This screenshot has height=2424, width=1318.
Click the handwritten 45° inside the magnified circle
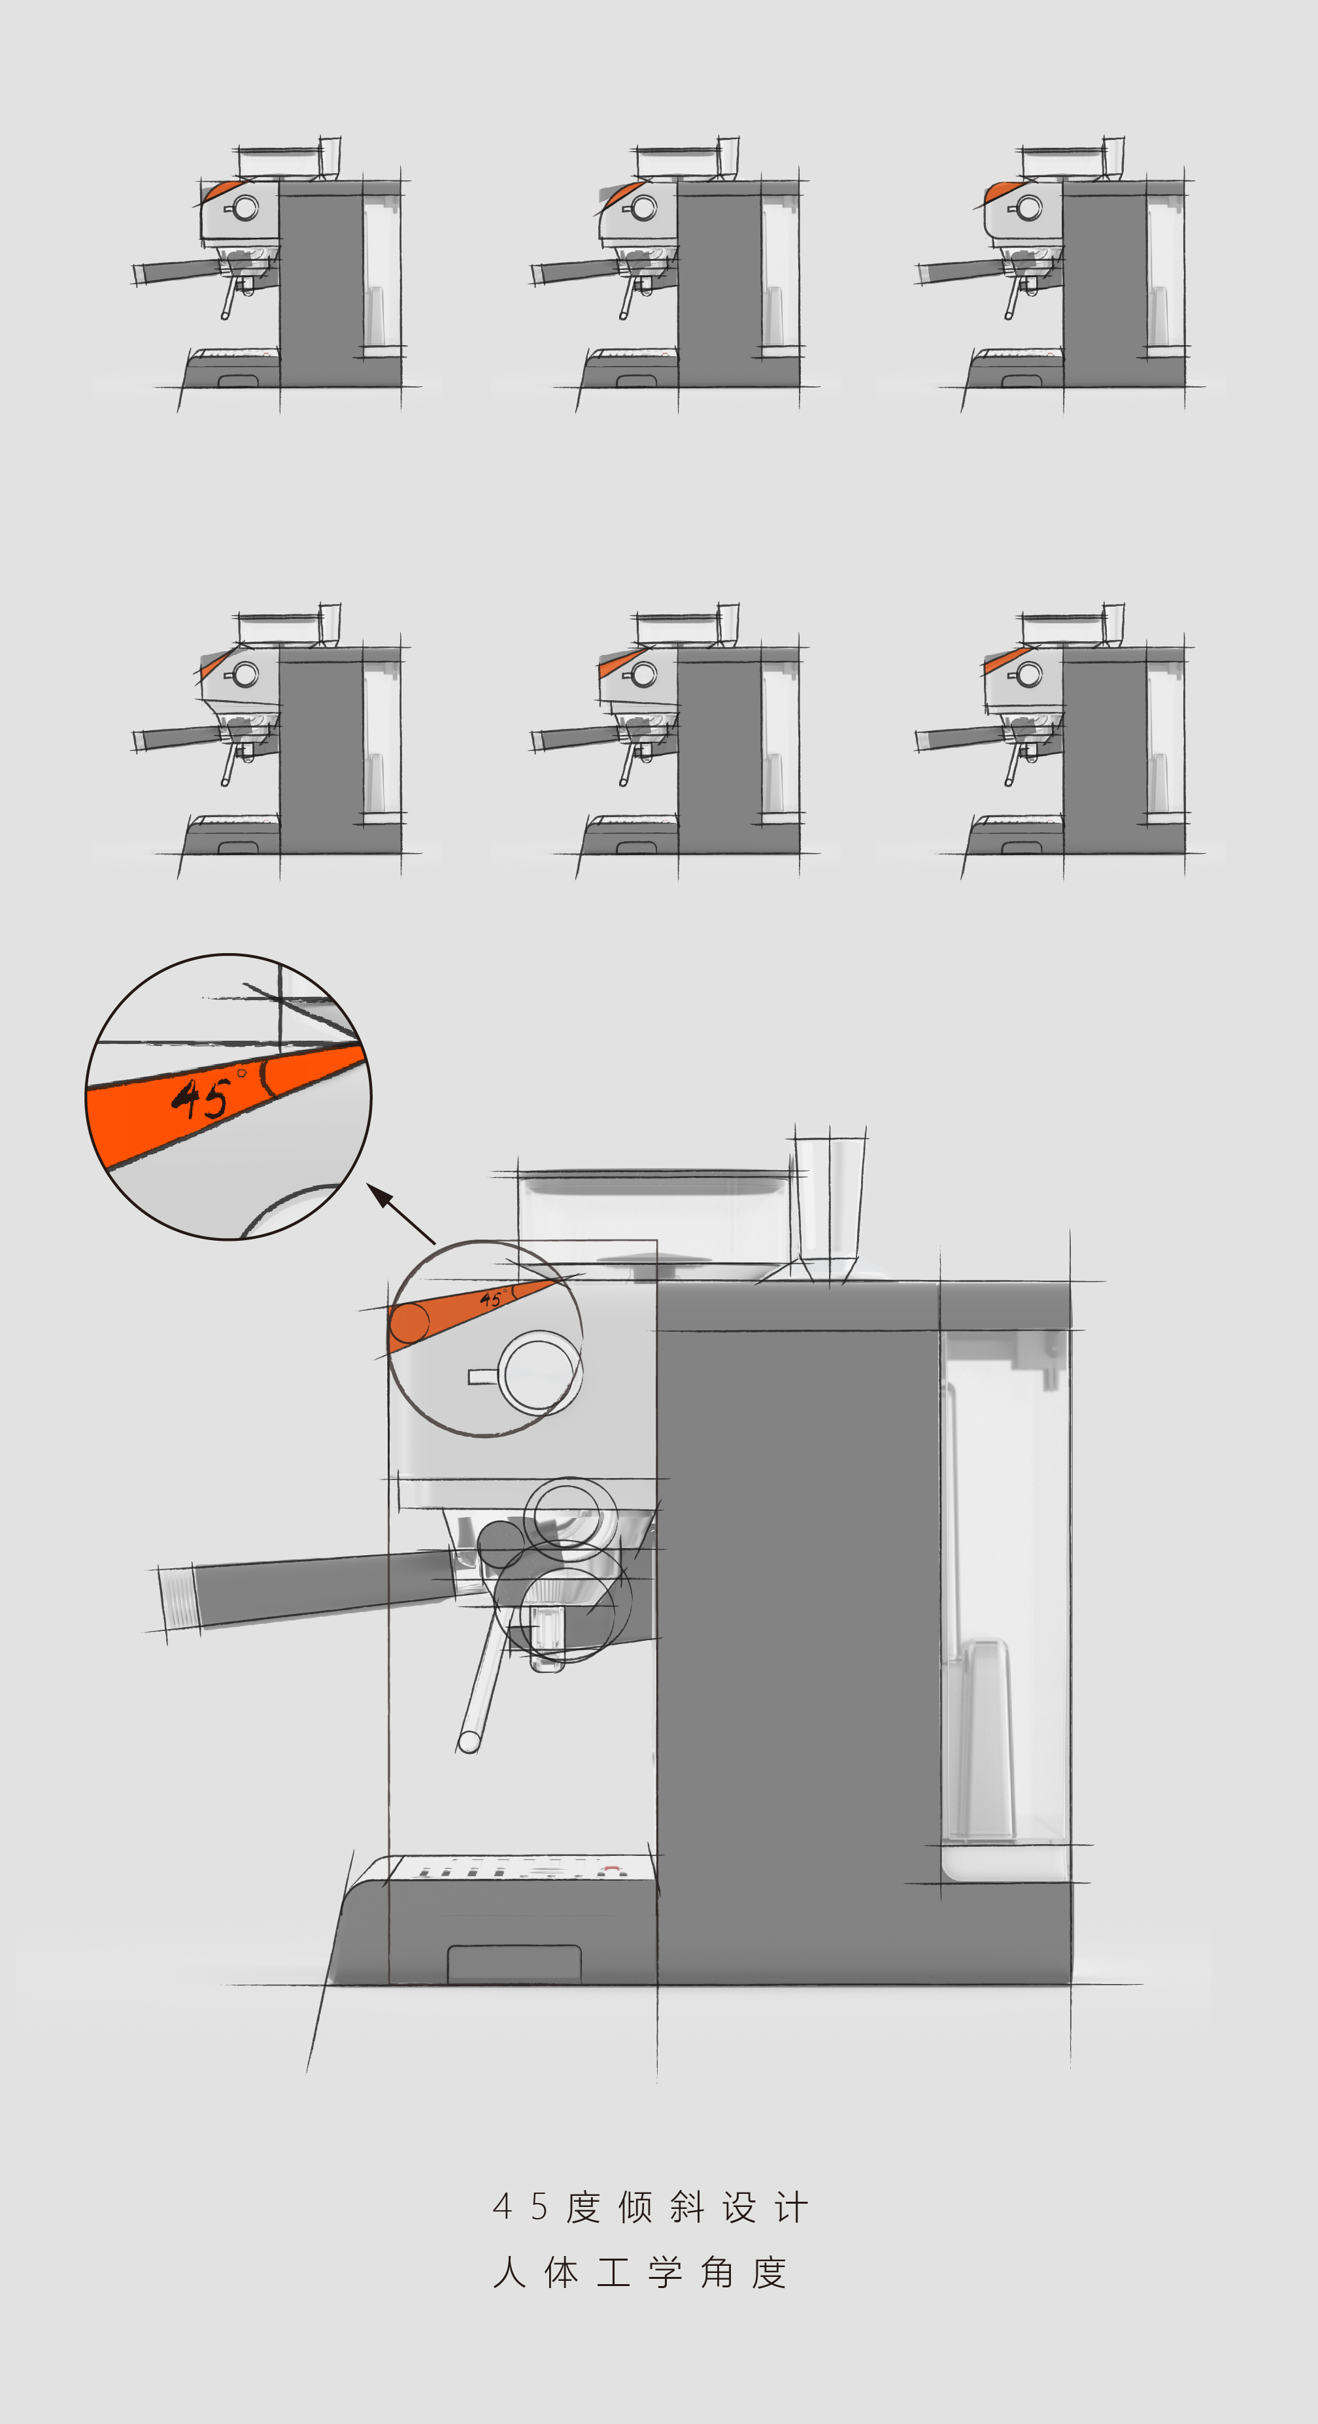pos(202,1096)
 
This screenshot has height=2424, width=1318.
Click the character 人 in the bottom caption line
pos(509,2272)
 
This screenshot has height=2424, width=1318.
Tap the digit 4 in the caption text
pos(501,2206)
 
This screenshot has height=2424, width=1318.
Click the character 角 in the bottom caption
pos(717,2272)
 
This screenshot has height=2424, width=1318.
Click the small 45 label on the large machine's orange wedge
pos(490,1300)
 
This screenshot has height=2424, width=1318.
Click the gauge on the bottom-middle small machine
pos(645,674)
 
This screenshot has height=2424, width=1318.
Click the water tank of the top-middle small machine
pos(778,273)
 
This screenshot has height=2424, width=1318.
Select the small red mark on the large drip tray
pos(611,1869)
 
